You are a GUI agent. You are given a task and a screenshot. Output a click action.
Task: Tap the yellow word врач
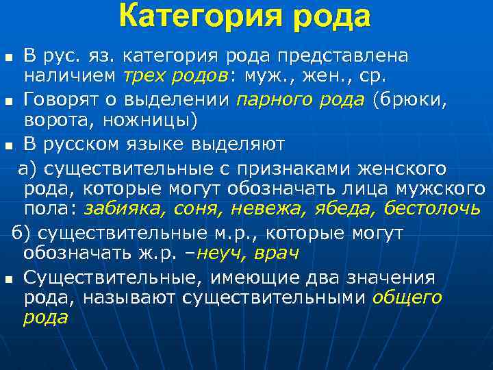(x=277, y=254)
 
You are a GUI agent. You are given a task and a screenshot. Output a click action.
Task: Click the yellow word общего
(x=408, y=297)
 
